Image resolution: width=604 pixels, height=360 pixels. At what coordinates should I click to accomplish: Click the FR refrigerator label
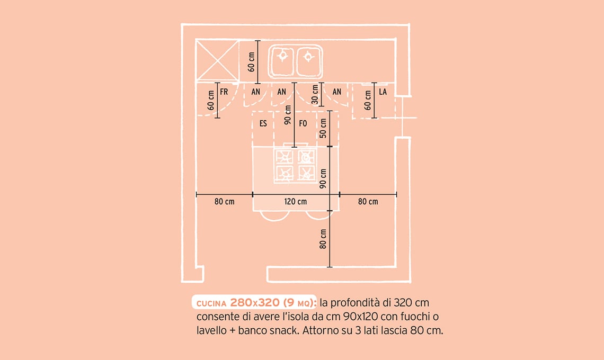click(x=224, y=92)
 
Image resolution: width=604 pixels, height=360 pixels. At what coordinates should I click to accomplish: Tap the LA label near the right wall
click(x=383, y=92)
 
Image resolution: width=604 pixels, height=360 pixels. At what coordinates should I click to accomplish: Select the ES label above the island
click(x=263, y=123)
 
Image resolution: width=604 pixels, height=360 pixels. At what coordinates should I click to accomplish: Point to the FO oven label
click(x=303, y=123)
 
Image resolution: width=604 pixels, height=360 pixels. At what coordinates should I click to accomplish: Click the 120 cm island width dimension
click(x=296, y=201)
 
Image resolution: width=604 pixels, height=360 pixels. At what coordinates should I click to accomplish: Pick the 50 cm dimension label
click(x=323, y=128)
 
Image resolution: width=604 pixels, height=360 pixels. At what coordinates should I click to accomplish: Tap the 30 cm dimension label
click(x=315, y=94)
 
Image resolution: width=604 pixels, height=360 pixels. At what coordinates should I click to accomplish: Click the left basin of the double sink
click(x=283, y=61)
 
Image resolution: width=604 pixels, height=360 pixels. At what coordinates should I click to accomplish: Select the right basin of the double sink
click(x=308, y=61)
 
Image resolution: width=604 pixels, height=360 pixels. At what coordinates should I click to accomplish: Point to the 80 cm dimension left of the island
click(x=225, y=201)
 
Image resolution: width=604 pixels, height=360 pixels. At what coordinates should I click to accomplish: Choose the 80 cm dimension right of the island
click(x=368, y=201)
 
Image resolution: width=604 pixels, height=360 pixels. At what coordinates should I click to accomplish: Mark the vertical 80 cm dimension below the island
click(x=323, y=239)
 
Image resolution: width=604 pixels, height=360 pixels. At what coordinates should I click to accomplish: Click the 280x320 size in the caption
click(x=255, y=303)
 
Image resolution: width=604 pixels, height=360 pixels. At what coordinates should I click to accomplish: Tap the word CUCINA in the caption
click(x=211, y=303)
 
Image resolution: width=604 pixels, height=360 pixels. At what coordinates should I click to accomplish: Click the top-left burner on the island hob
click(x=285, y=157)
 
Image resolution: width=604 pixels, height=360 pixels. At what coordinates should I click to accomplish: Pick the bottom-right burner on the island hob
click(x=307, y=173)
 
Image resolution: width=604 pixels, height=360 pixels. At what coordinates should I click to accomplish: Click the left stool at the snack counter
click(x=274, y=215)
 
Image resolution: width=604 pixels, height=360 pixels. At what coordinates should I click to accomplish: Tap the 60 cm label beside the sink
click(x=252, y=62)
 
